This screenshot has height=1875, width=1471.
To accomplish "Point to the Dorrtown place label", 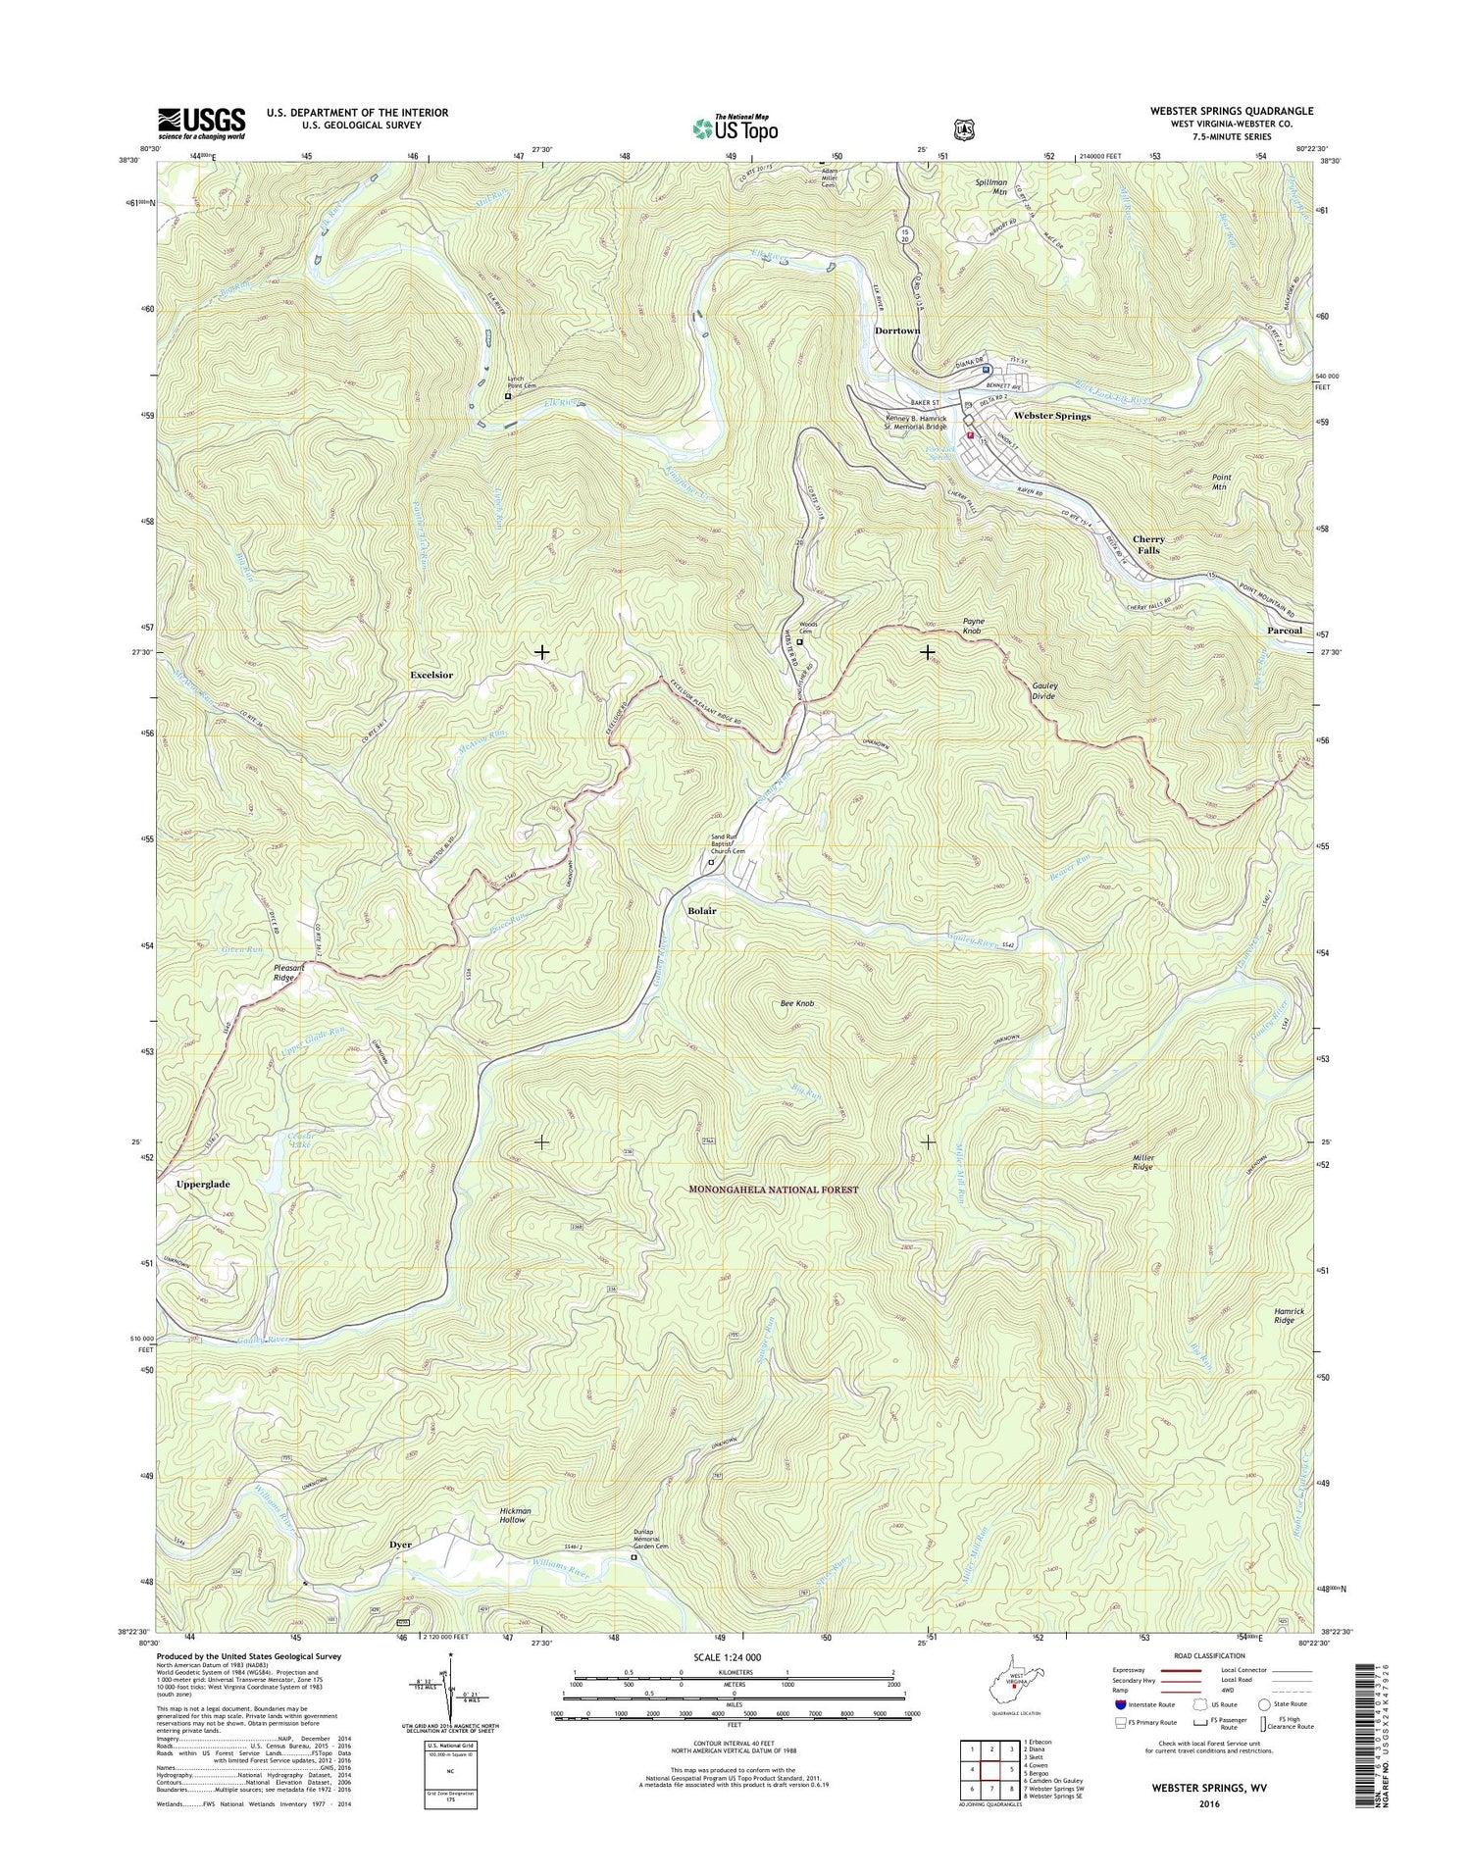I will (x=897, y=330).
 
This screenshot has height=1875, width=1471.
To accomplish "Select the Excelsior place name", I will (x=431, y=676).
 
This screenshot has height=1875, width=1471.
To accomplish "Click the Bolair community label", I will (x=701, y=911).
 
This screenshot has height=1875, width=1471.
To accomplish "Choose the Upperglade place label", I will (x=203, y=1185).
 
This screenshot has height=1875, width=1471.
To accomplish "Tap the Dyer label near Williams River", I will (x=400, y=1545).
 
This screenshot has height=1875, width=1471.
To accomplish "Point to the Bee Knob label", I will (x=797, y=1004).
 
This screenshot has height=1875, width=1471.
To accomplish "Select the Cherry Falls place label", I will (x=1148, y=545).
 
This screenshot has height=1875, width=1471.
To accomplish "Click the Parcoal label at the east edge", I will (x=1284, y=631).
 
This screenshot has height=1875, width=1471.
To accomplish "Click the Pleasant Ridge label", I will (x=288, y=973).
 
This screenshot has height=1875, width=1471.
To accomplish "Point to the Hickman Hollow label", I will (x=514, y=1515).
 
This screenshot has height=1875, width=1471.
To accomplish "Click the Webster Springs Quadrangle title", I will (x=1232, y=112).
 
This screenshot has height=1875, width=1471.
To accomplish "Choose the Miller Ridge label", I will (x=1143, y=1163).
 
